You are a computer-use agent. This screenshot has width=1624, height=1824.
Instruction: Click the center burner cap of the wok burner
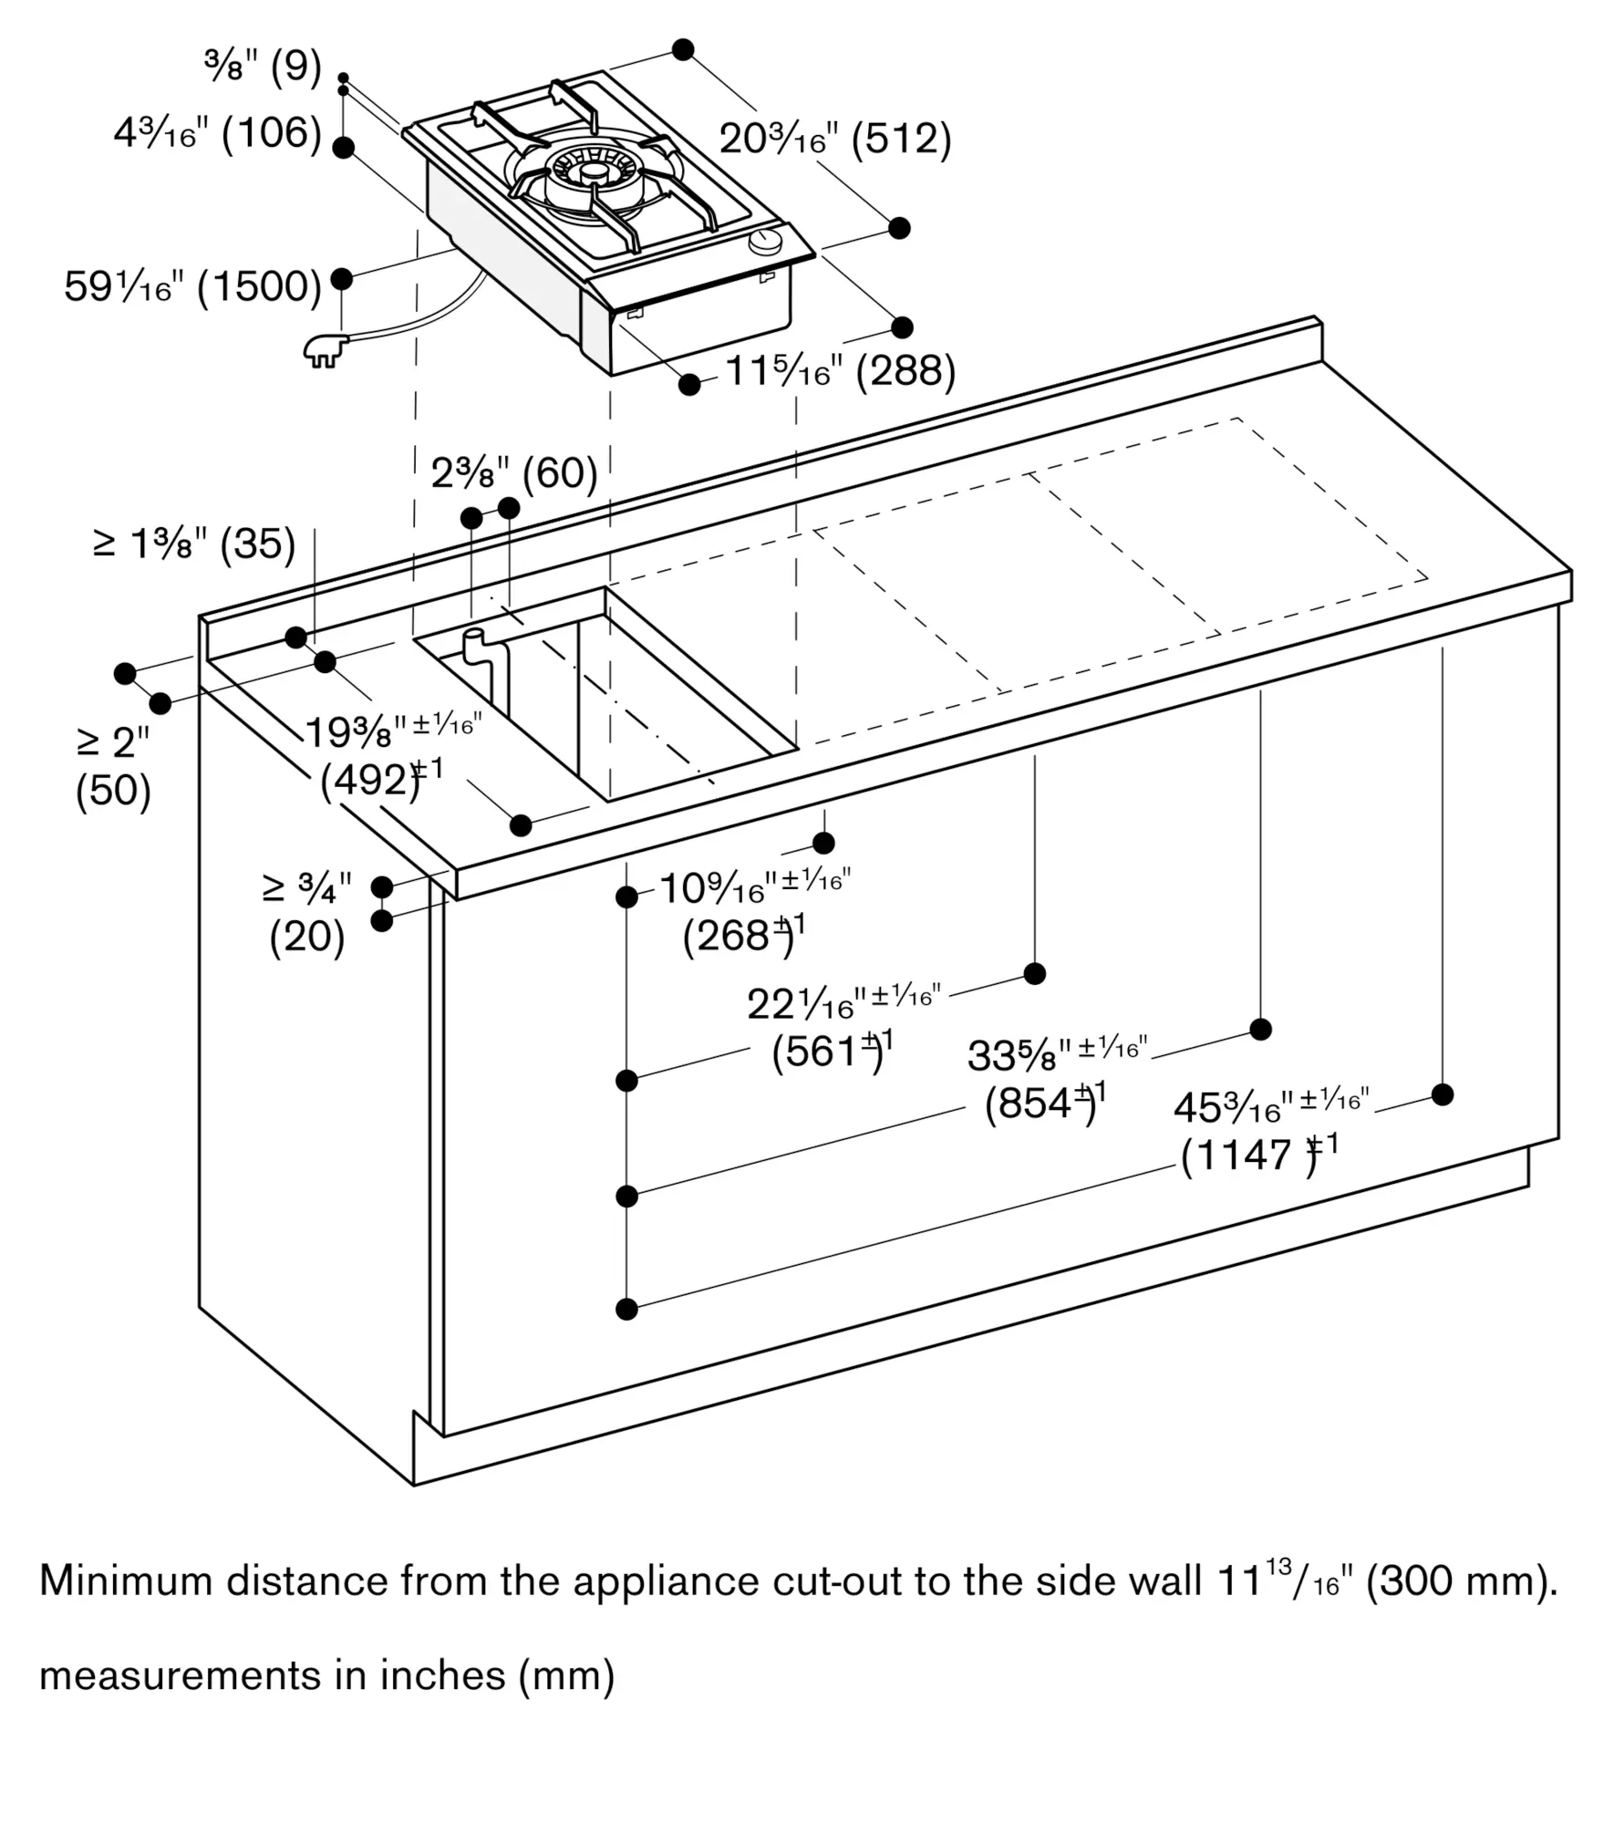595,173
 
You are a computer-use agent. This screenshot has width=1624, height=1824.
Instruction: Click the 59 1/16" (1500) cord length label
193,286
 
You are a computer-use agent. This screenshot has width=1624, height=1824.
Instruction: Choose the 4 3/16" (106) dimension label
218,133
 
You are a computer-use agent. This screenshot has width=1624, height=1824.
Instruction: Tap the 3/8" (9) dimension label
264,67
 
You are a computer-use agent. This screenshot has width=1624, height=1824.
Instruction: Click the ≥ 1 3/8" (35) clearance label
194,544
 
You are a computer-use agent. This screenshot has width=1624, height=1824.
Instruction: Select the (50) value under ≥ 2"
113,790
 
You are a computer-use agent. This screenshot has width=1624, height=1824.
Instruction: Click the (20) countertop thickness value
307,937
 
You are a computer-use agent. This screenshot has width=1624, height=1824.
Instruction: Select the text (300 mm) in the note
1462,1580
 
